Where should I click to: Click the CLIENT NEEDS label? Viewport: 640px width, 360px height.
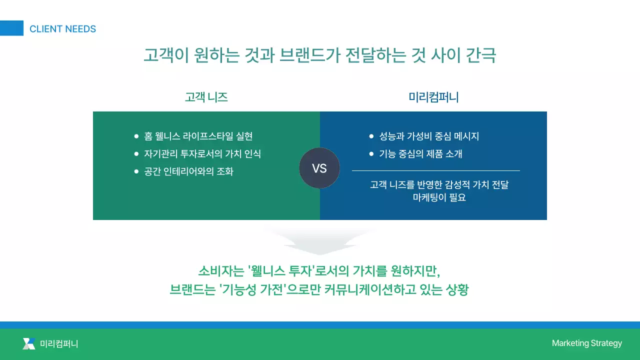pyautogui.click(x=62, y=29)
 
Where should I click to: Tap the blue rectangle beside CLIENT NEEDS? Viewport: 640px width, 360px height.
pyautogui.click(x=11, y=28)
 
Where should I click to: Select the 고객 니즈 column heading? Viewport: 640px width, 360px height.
pyautogui.click(x=206, y=97)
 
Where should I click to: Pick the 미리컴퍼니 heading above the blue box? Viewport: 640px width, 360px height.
pyautogui.click(x=433, y=97)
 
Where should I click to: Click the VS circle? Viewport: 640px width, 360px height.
pyautogui.click(x=319, y=168)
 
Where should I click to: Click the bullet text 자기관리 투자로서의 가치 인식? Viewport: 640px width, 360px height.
pyautogui.click(x=202, y=153)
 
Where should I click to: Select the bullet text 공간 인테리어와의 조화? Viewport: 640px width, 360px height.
pyautogui.click(x=189, y=171)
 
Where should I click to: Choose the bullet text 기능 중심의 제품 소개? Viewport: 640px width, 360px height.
pyautogui.click(x=420, y=153)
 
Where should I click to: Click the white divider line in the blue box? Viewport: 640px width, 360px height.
pyautogui.click(x=435, y=171)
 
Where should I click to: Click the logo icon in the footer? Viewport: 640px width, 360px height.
pyautogui.click(x=29, y=343)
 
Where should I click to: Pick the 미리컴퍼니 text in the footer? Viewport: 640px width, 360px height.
pyautogui.click(x=59, y=343)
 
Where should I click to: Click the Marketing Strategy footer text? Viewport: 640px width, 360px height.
pyautogui.click(x=586, y=343)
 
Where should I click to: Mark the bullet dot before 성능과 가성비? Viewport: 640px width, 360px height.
pyautogui.click(x=371, y=136)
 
